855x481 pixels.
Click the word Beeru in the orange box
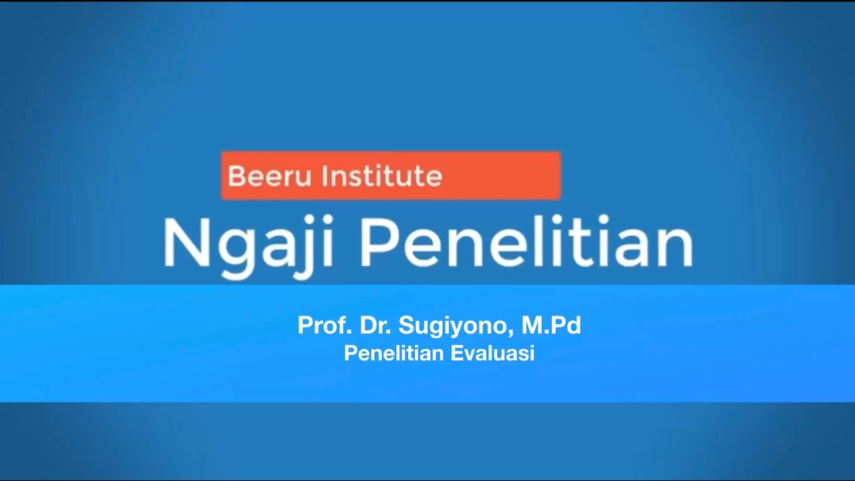point(270,176)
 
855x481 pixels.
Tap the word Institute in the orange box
point(381,176)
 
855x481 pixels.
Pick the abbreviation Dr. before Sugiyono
point(375,325)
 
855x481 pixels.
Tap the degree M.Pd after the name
point(551,325)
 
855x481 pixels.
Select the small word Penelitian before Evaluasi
point(393,353)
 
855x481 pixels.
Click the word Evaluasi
point(492,353)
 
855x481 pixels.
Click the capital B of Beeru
point(235,176)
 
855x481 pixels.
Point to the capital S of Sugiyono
point(406,325)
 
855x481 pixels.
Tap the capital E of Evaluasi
point(456,353)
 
